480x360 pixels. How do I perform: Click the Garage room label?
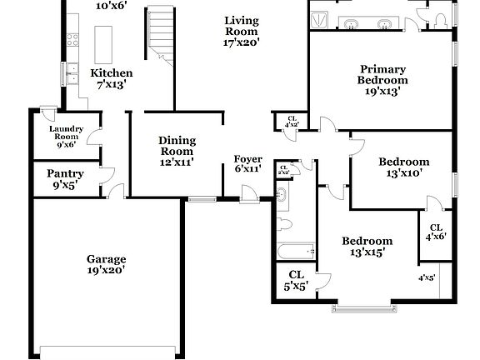106,264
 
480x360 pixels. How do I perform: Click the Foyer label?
247,163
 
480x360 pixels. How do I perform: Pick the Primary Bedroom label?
382,80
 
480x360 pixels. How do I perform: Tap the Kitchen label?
111,78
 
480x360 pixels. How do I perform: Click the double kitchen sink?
72,73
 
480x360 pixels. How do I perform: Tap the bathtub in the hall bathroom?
297,250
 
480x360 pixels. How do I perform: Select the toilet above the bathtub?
283,223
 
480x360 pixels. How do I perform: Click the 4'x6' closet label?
436,232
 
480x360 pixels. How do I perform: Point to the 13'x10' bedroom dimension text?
403,174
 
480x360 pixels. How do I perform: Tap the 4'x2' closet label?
292,122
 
